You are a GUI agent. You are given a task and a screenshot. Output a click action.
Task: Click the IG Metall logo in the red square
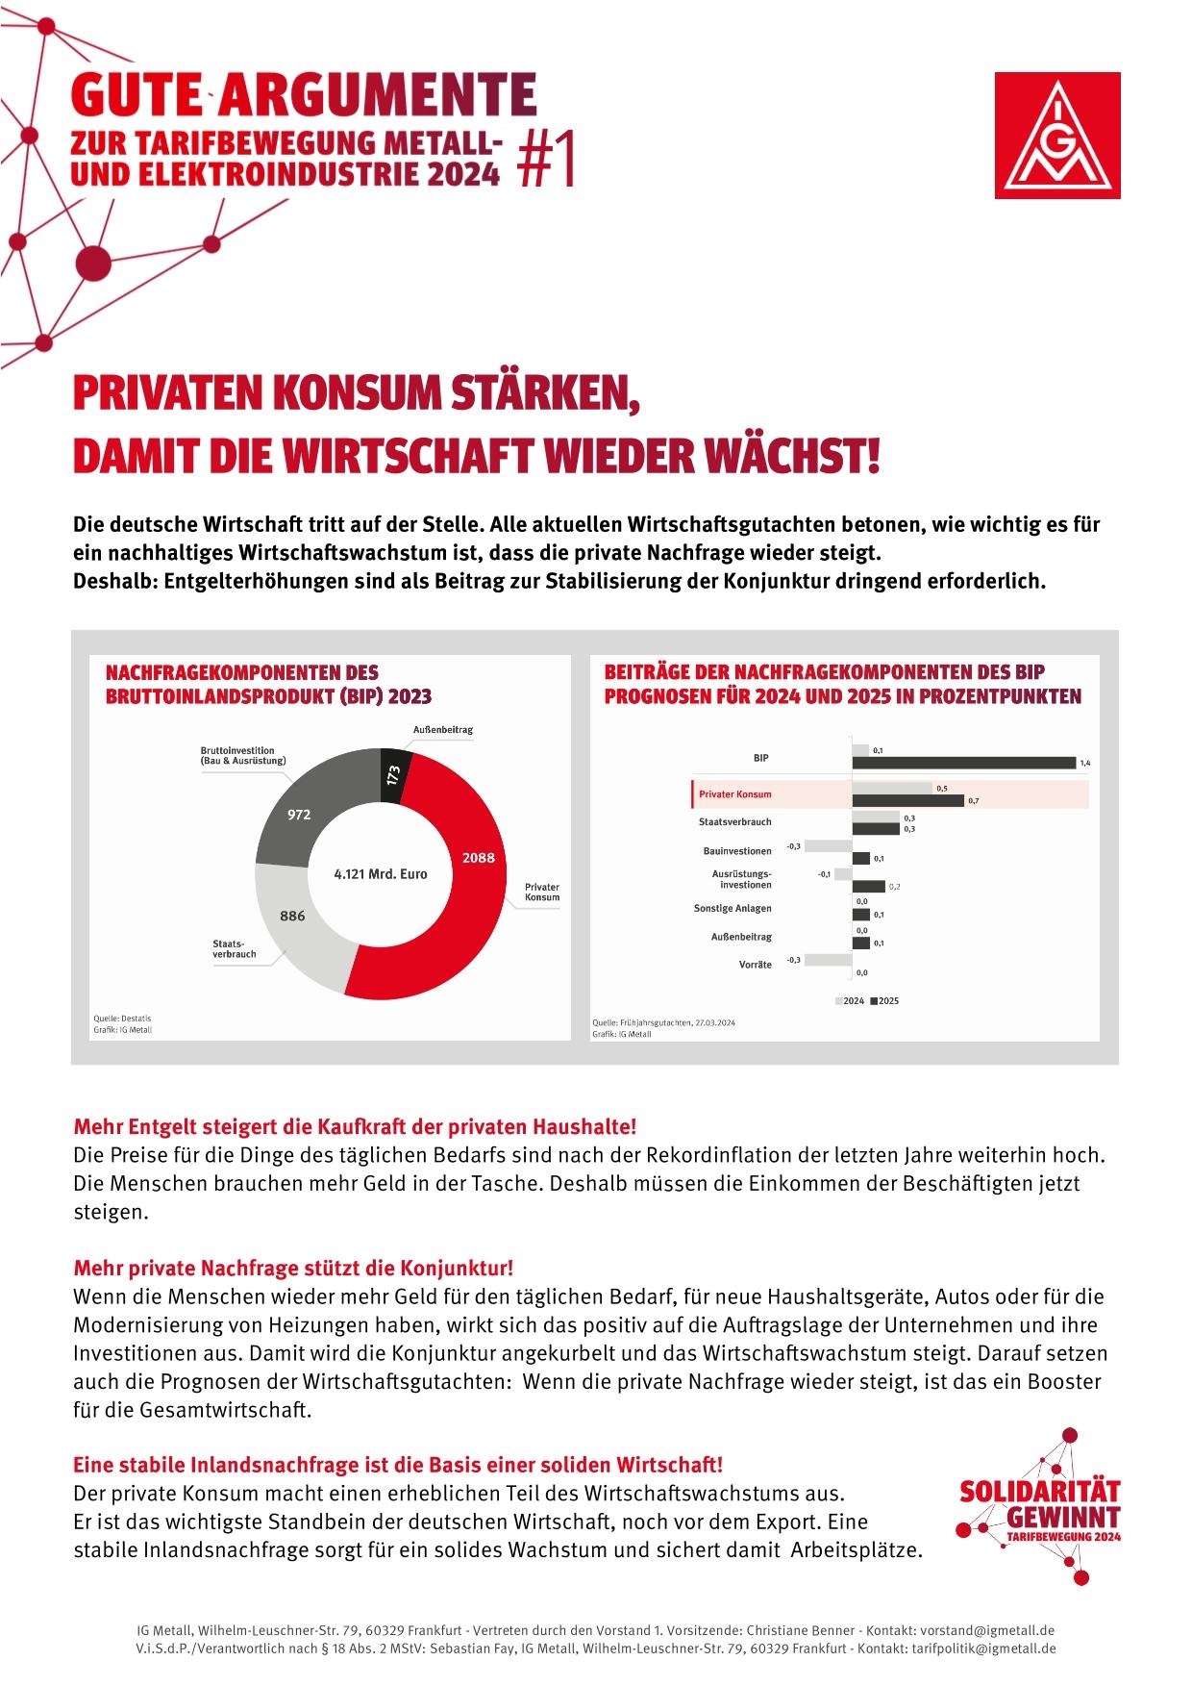pyautogui.click(x=1056, y=135)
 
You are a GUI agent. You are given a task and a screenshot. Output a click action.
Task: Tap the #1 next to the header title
pyautogui.click(x=546, y=159)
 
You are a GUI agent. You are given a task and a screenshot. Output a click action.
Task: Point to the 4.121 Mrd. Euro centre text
pyautogui.click(x=380, y=874)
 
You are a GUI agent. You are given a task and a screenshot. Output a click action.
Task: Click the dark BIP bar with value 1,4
pyautogui.click(x=963, y=763)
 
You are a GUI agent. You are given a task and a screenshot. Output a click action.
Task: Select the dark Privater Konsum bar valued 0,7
pyautogui.click(x=907, y=800)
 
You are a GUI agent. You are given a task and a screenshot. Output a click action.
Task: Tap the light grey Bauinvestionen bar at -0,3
pyautogui.click(x=828, y=846)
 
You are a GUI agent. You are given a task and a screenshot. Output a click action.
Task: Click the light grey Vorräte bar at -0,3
pyautogui.click(x=828, y=960)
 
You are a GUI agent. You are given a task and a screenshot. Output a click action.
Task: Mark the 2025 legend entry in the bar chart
pyautogui.click(x=884, y=1001)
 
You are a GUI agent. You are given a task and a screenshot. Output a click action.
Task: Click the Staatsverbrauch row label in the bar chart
pyautogui.click(x=734, y=822)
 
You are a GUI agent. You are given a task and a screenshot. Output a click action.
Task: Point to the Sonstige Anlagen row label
pyautogui.click(x=733, y=908)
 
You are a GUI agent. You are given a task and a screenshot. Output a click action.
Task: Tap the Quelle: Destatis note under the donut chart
pyautogui.click(x=122, y=1019)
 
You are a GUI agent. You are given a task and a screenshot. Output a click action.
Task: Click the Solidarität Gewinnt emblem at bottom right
pyautogui.click(x=1038, y=1510)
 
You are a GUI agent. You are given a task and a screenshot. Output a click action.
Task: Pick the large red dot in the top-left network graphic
pyautogui.click(x=93, y=262)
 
